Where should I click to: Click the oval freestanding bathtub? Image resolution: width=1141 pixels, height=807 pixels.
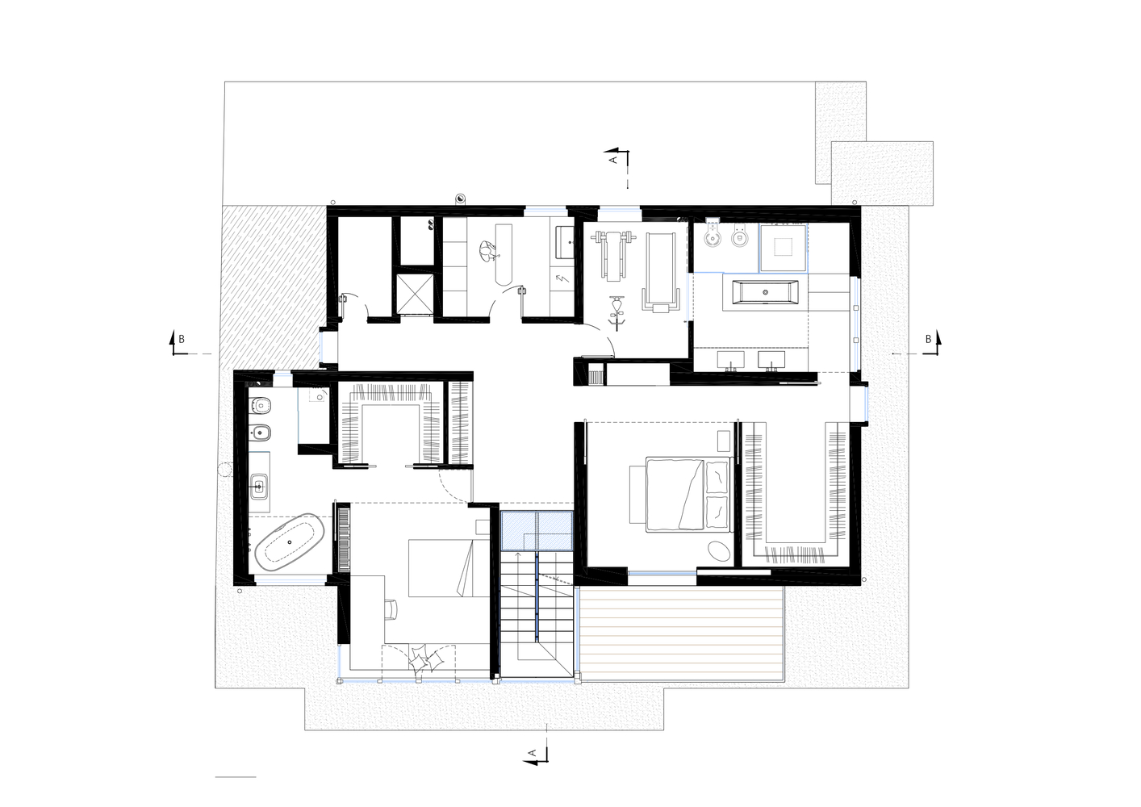pos(290,542)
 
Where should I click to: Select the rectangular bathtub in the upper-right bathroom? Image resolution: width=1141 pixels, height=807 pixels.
pos(765,292)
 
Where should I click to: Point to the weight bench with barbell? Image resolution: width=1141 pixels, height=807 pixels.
pos(614,255)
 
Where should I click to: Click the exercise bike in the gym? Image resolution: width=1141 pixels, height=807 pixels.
pos(618,312)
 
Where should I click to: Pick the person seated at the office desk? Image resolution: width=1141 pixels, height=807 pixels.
pos(488,251)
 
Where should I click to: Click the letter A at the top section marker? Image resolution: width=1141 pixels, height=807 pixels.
pos(613,160)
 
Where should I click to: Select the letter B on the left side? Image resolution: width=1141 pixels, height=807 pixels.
pos(182,339)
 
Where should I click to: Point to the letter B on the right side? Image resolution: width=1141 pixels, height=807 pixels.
pos(928,339)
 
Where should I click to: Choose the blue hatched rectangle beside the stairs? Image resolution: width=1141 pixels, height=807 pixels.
pos(537,530)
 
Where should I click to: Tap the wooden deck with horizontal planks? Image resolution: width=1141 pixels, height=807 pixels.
pos(681,633)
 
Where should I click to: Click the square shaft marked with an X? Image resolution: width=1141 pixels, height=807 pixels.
pos(415,294)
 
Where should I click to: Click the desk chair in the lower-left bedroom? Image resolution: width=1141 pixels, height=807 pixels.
pos(391,610)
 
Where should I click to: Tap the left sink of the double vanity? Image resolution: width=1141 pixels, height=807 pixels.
pos(731,360)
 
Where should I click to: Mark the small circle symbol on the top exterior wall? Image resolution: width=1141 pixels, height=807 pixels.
pos(460,199)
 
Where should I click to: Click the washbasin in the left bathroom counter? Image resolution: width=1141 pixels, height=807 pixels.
pos(259,487)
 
